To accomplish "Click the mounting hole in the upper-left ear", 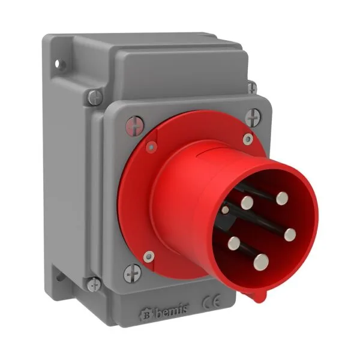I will (58, 62).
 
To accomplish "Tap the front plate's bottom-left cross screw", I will (132, 274).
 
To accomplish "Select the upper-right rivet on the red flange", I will (247, 139).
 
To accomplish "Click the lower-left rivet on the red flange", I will (149, 256).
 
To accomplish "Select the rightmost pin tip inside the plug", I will (290, 234).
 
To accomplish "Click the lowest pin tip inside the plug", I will (261, 260).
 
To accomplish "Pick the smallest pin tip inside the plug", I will (225, 209).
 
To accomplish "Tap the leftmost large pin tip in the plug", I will (233, 244).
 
